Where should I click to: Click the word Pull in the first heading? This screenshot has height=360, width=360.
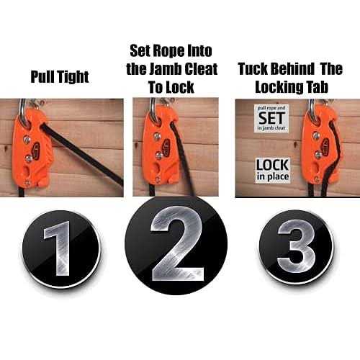(41, 76)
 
